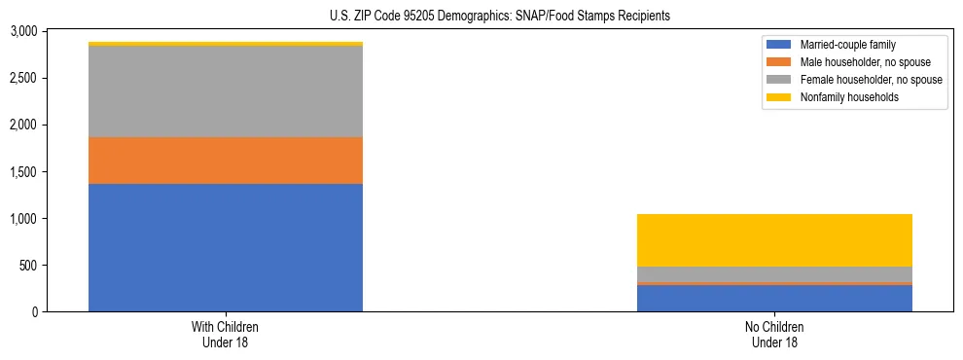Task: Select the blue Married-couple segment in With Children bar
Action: coord(226,247)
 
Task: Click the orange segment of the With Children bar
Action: coord(226,161)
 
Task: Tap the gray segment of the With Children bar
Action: coord(226,91)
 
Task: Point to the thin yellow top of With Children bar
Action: coord(226,44)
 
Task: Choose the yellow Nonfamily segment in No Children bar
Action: coord(774,240)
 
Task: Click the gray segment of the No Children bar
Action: coord(774,274)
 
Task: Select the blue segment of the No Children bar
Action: coord(774,298)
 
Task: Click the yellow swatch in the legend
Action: coord(779,97)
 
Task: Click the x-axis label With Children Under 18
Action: coord(226,335)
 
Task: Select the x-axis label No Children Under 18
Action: coord(774,335)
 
